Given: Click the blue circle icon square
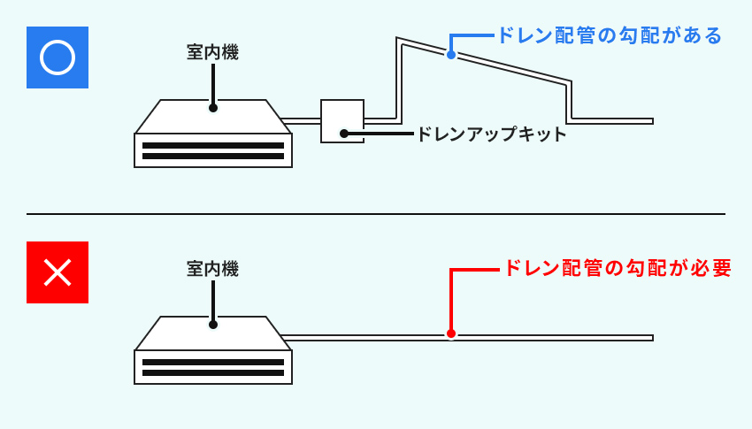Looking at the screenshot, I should point(58,58).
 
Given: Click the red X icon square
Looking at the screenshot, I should point(58,272).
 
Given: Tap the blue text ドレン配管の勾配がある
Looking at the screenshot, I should point(610,35).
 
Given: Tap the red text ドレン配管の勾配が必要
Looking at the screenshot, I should point(617,268).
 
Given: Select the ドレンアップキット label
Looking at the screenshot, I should point(490,134).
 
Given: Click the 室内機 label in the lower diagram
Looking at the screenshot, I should point(212,269).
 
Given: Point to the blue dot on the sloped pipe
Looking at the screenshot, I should point(451,55).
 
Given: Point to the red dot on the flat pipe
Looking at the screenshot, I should point(451,333).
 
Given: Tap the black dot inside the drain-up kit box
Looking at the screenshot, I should point(343,134).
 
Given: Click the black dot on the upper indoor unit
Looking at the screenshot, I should point(213,108).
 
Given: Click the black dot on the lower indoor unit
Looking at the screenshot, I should point(213,324).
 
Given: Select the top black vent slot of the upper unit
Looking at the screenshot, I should point(213,145).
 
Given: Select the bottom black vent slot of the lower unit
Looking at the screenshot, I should point(213,372).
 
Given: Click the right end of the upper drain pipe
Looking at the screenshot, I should point(650,120).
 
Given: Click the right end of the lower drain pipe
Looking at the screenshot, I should point(650,337).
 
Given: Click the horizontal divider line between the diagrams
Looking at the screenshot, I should point(376,214).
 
